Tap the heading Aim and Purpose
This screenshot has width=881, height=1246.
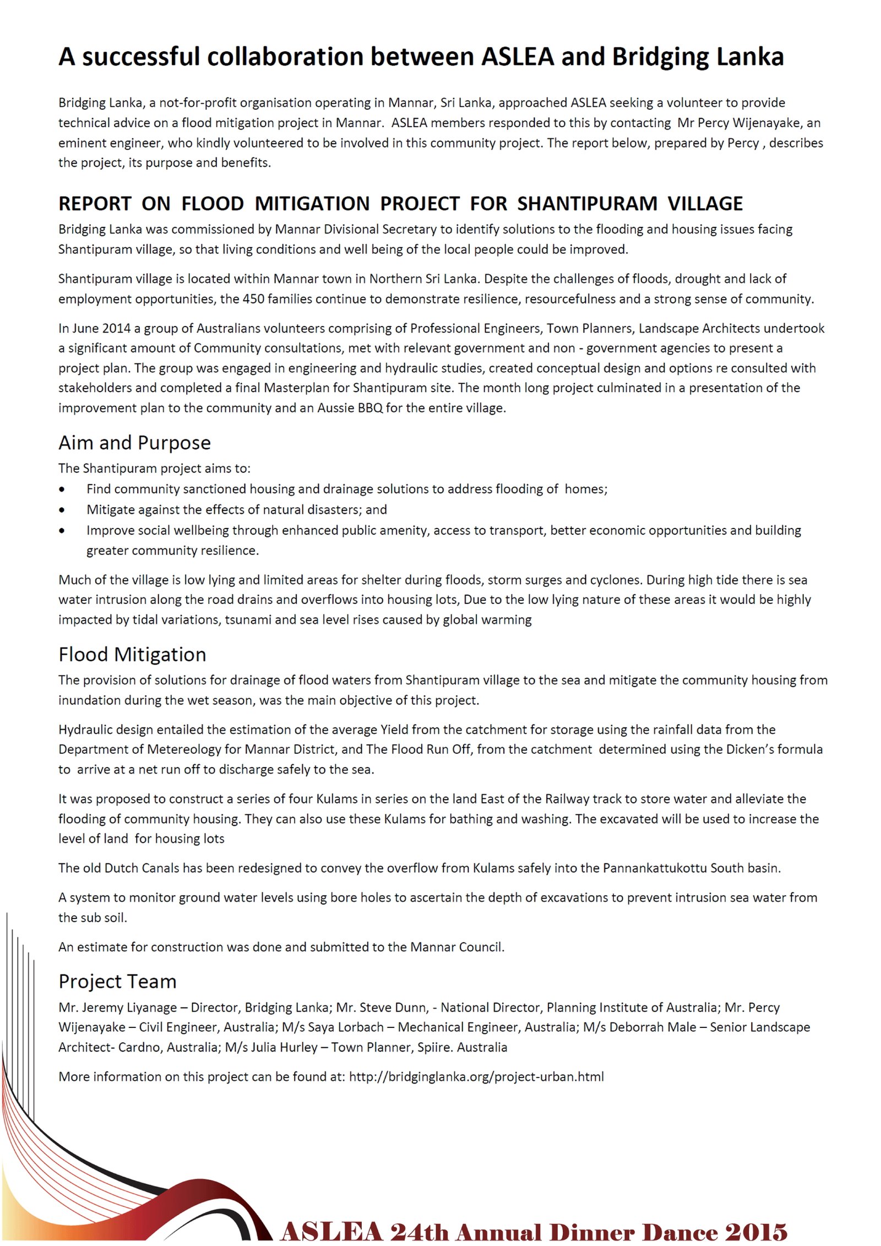134,443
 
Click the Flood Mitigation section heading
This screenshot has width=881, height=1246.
132,654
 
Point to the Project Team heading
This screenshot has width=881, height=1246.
117,981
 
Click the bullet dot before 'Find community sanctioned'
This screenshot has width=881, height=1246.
62,489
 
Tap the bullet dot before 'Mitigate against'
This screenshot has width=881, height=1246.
62,510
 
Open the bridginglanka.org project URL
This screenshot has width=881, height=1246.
476,1076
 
